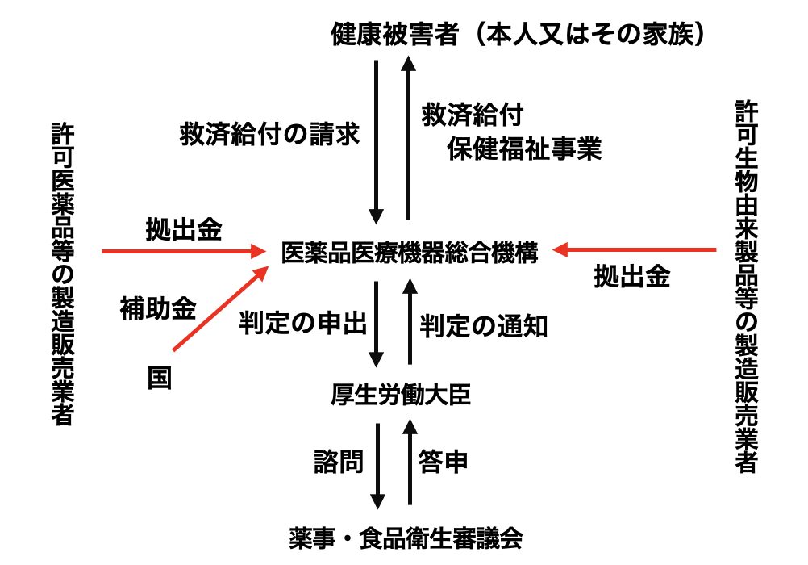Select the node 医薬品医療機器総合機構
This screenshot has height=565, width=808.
click(x=409, y=252)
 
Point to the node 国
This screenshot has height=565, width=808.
click(x=159, y=378)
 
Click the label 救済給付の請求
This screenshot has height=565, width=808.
click(x=269, y=133)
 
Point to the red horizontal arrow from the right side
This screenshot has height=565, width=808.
click(x=637, y=250)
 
